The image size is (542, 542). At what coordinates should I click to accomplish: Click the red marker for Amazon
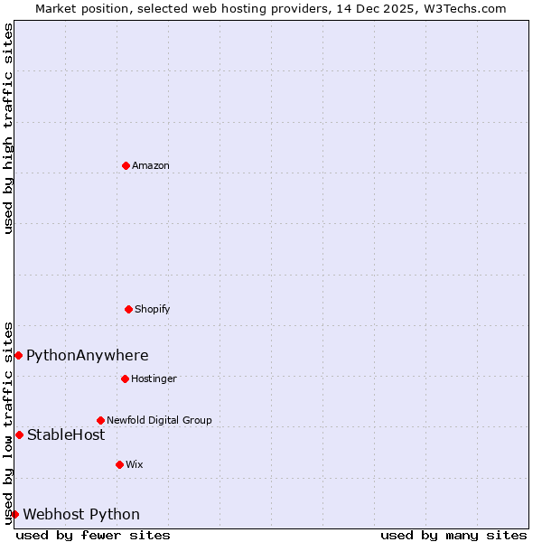click(x=126, y=165)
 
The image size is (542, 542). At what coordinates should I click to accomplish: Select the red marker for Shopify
click(x=128, y=309)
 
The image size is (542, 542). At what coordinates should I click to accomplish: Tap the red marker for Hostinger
click(x=125, y=378)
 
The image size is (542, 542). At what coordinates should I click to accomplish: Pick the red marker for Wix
click(x=119, y=464)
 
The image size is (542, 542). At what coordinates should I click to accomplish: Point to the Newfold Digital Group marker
click(x=100, y=420)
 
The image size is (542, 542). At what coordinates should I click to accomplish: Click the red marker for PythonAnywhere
click(x=18, y=355)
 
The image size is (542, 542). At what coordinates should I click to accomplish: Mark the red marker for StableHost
click(x=19, y=435)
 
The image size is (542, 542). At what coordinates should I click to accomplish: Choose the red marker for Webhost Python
click(x=14, y=514)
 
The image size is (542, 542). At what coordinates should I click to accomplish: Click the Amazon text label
click(x=151, y=165)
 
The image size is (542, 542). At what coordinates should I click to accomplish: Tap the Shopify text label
click(x=153, y=309)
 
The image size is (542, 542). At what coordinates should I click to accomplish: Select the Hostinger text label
click(x=154, y=378)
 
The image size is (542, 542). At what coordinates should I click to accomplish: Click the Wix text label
click(x=135, y=464)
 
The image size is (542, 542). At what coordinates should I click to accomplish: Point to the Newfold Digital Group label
click(x=159, y=420)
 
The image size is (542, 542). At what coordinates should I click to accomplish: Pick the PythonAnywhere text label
click(x=88, y=356)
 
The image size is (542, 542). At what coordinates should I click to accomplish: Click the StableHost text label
click(x=66, y=435)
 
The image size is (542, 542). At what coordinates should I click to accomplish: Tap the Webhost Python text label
click(x=81, y=515)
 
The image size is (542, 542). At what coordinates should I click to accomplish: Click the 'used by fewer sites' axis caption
click(x=93, y=535)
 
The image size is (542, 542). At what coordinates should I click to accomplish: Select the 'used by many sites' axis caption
click(x=453, y=535)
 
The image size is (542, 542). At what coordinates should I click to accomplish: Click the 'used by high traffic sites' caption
click(x=8, y=128)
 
